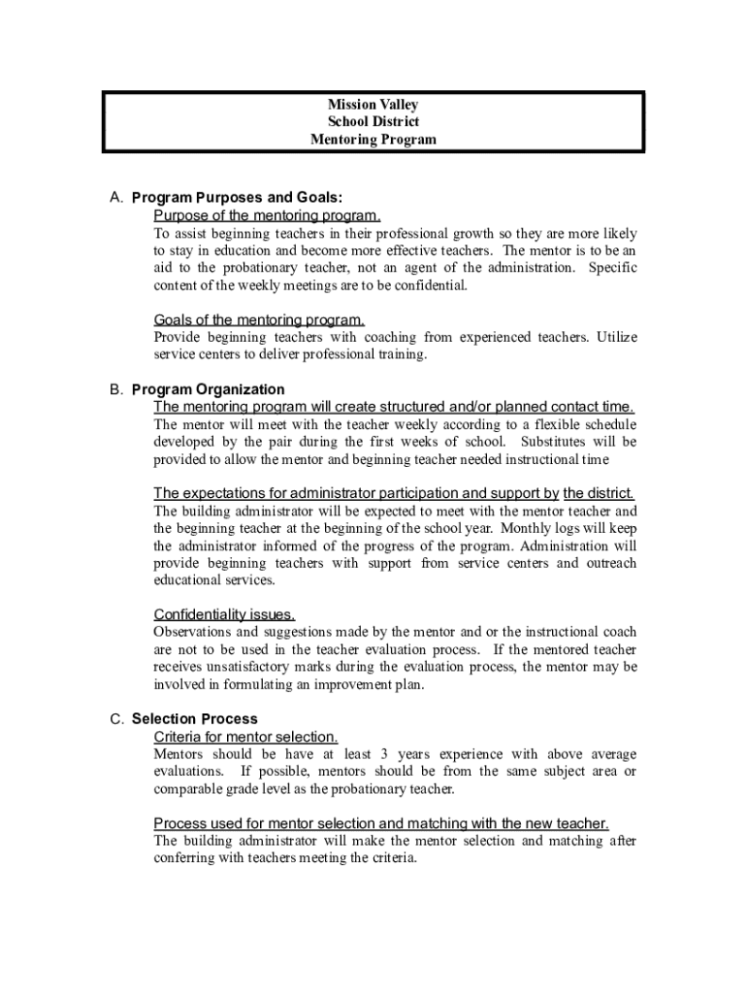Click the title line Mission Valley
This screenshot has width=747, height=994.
(x=373, y=105)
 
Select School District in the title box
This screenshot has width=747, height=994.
(x=373, y=122)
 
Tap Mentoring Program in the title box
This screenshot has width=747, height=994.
(x=373, y=140)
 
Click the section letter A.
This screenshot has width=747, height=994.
(x=115, y=198)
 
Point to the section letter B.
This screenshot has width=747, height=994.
(x=115, y=389)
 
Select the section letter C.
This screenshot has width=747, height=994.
(x=115, y=719)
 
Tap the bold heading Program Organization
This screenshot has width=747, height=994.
(x=209, y=389)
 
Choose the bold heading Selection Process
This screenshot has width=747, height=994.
(x=195, y=719)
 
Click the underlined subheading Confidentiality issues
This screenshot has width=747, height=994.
(x=224, y=614)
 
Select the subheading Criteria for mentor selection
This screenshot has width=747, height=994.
(x=246, y=737)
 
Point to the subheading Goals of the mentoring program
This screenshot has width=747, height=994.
(x=260, y=320)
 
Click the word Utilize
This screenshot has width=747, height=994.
(x=617, y=338)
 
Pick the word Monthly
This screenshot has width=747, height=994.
(x=549, y=528)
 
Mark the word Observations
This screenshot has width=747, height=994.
(x=195, y=632)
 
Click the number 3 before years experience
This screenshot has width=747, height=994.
(x=385, y=754)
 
